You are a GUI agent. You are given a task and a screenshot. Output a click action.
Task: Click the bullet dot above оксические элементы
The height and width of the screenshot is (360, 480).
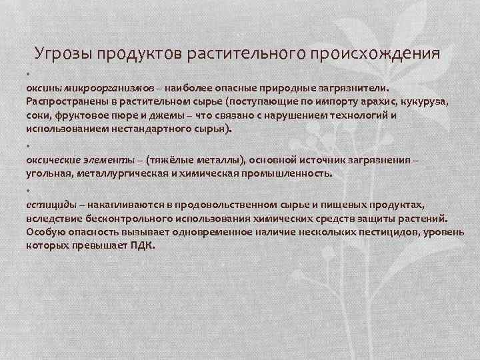29,145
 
